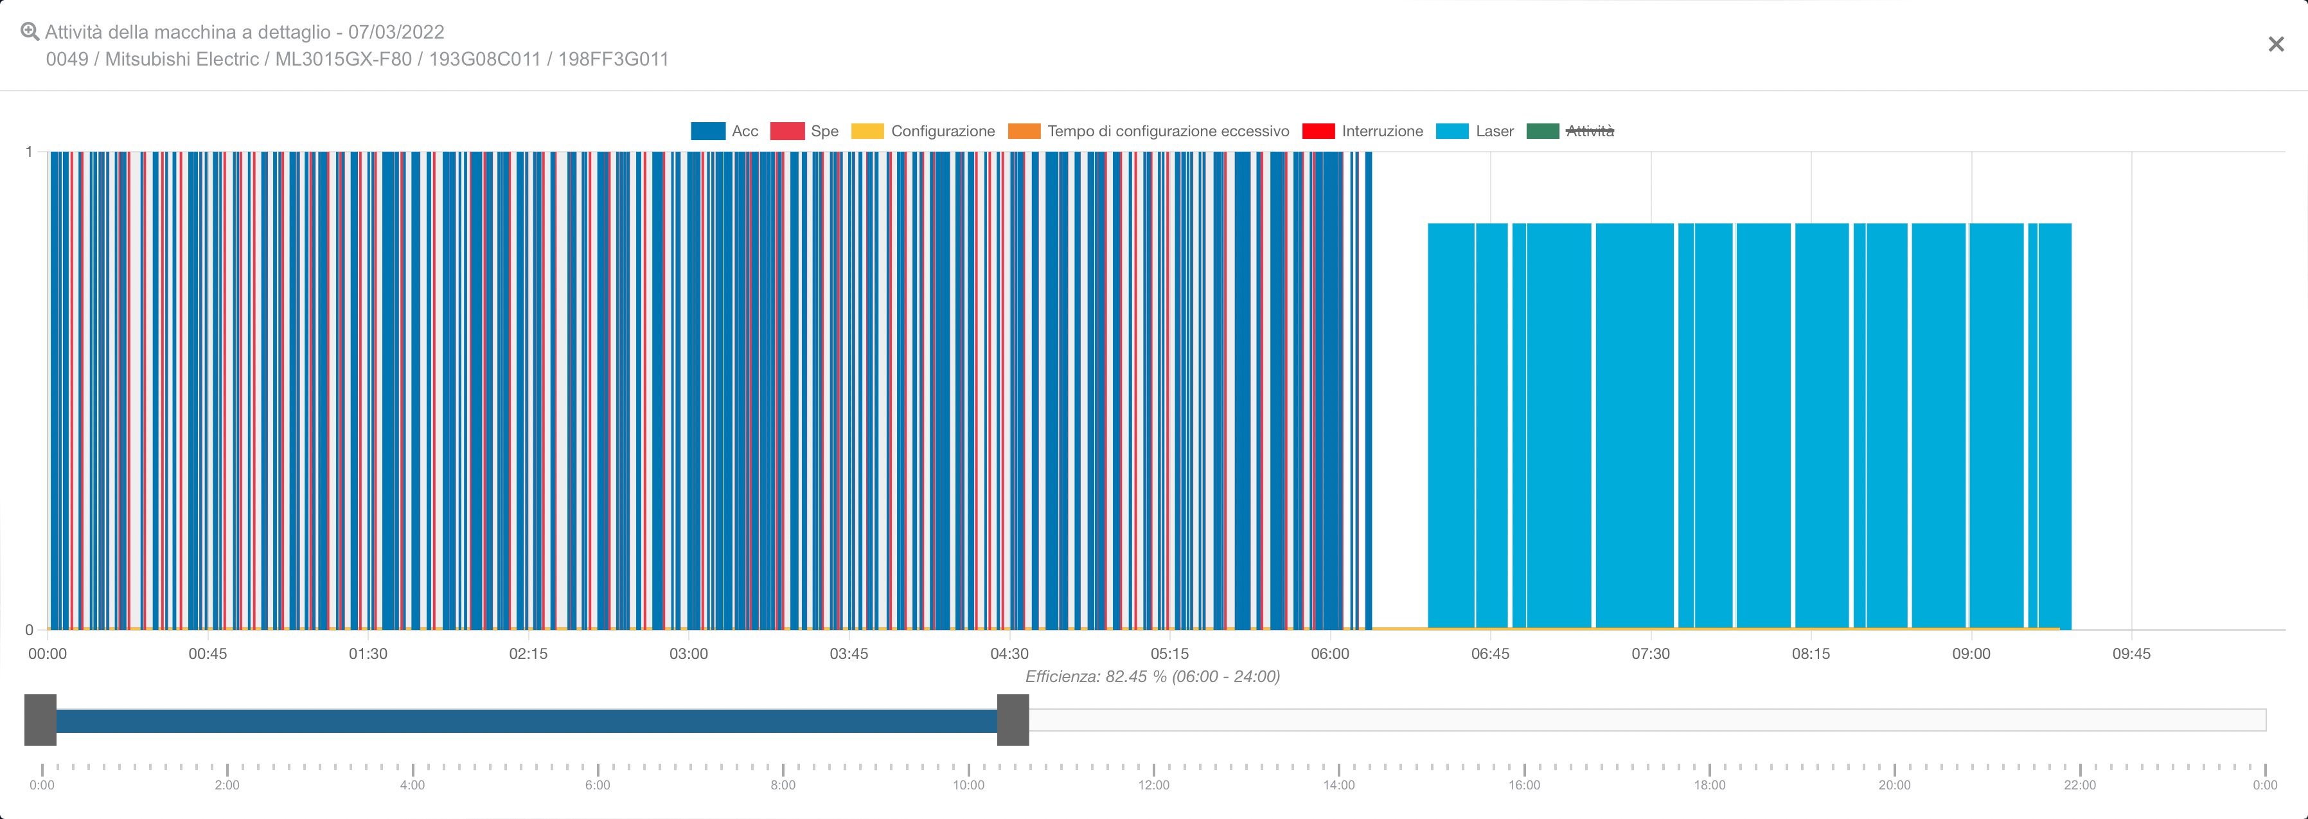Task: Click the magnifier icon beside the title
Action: click(30, 32)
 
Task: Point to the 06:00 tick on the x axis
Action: click(1329, 653)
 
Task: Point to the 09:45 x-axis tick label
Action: click(2131, 653)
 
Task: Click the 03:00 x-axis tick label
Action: click(688, 653)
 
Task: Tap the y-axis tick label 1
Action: click(29, 152)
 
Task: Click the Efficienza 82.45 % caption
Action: click(1152, 676)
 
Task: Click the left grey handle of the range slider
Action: click(40, 719)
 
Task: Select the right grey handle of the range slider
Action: click(1013, 719)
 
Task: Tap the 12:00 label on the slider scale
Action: click(1154, 785)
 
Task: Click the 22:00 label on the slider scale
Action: click(2079, 785)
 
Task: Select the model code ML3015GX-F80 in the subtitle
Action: click(343, 59)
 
